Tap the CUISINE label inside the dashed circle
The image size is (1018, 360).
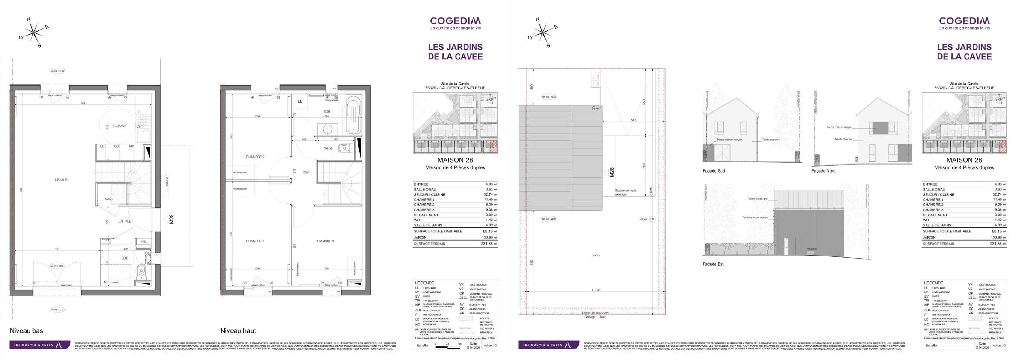[120, 126]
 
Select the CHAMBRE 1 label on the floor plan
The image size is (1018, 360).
[255, 241]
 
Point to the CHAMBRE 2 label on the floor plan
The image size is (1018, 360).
[255, 157]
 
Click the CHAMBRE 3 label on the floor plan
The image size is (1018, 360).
[324, 241]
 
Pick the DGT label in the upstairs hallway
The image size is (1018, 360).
[306, 172]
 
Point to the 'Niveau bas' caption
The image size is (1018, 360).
[26, 331]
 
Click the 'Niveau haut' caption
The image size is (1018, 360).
[238, 331]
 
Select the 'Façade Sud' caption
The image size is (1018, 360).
[714, 171]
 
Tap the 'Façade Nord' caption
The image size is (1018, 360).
[823, 171]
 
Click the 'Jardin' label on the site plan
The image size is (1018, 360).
[595, 255]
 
